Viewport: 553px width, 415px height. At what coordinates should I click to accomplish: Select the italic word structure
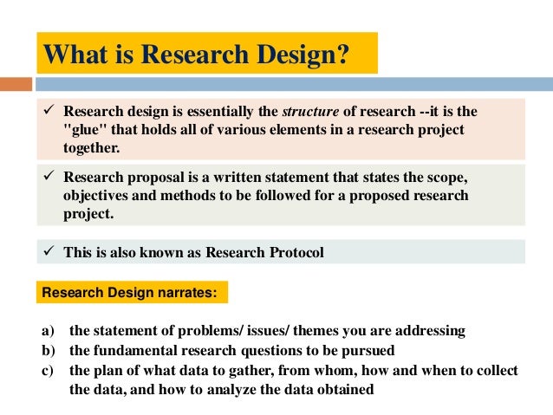[314, 113]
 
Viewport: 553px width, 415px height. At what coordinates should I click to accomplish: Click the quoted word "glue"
[85, 130]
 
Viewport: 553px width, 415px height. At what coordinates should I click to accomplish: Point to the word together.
[91, 147]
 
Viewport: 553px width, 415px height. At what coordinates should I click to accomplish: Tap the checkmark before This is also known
[50, 252]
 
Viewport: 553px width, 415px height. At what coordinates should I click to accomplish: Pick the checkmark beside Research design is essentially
[50, 113]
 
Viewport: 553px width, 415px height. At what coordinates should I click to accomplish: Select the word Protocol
[296, 252]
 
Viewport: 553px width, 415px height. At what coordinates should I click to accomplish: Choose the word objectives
[94, 196]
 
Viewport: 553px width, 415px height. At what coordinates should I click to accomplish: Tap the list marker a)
[48, 331]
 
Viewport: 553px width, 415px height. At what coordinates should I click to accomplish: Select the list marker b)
[48, 350]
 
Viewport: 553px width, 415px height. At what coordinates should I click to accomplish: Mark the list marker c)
[48, 370]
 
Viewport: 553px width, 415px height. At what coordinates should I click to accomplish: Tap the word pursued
[369, 350]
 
